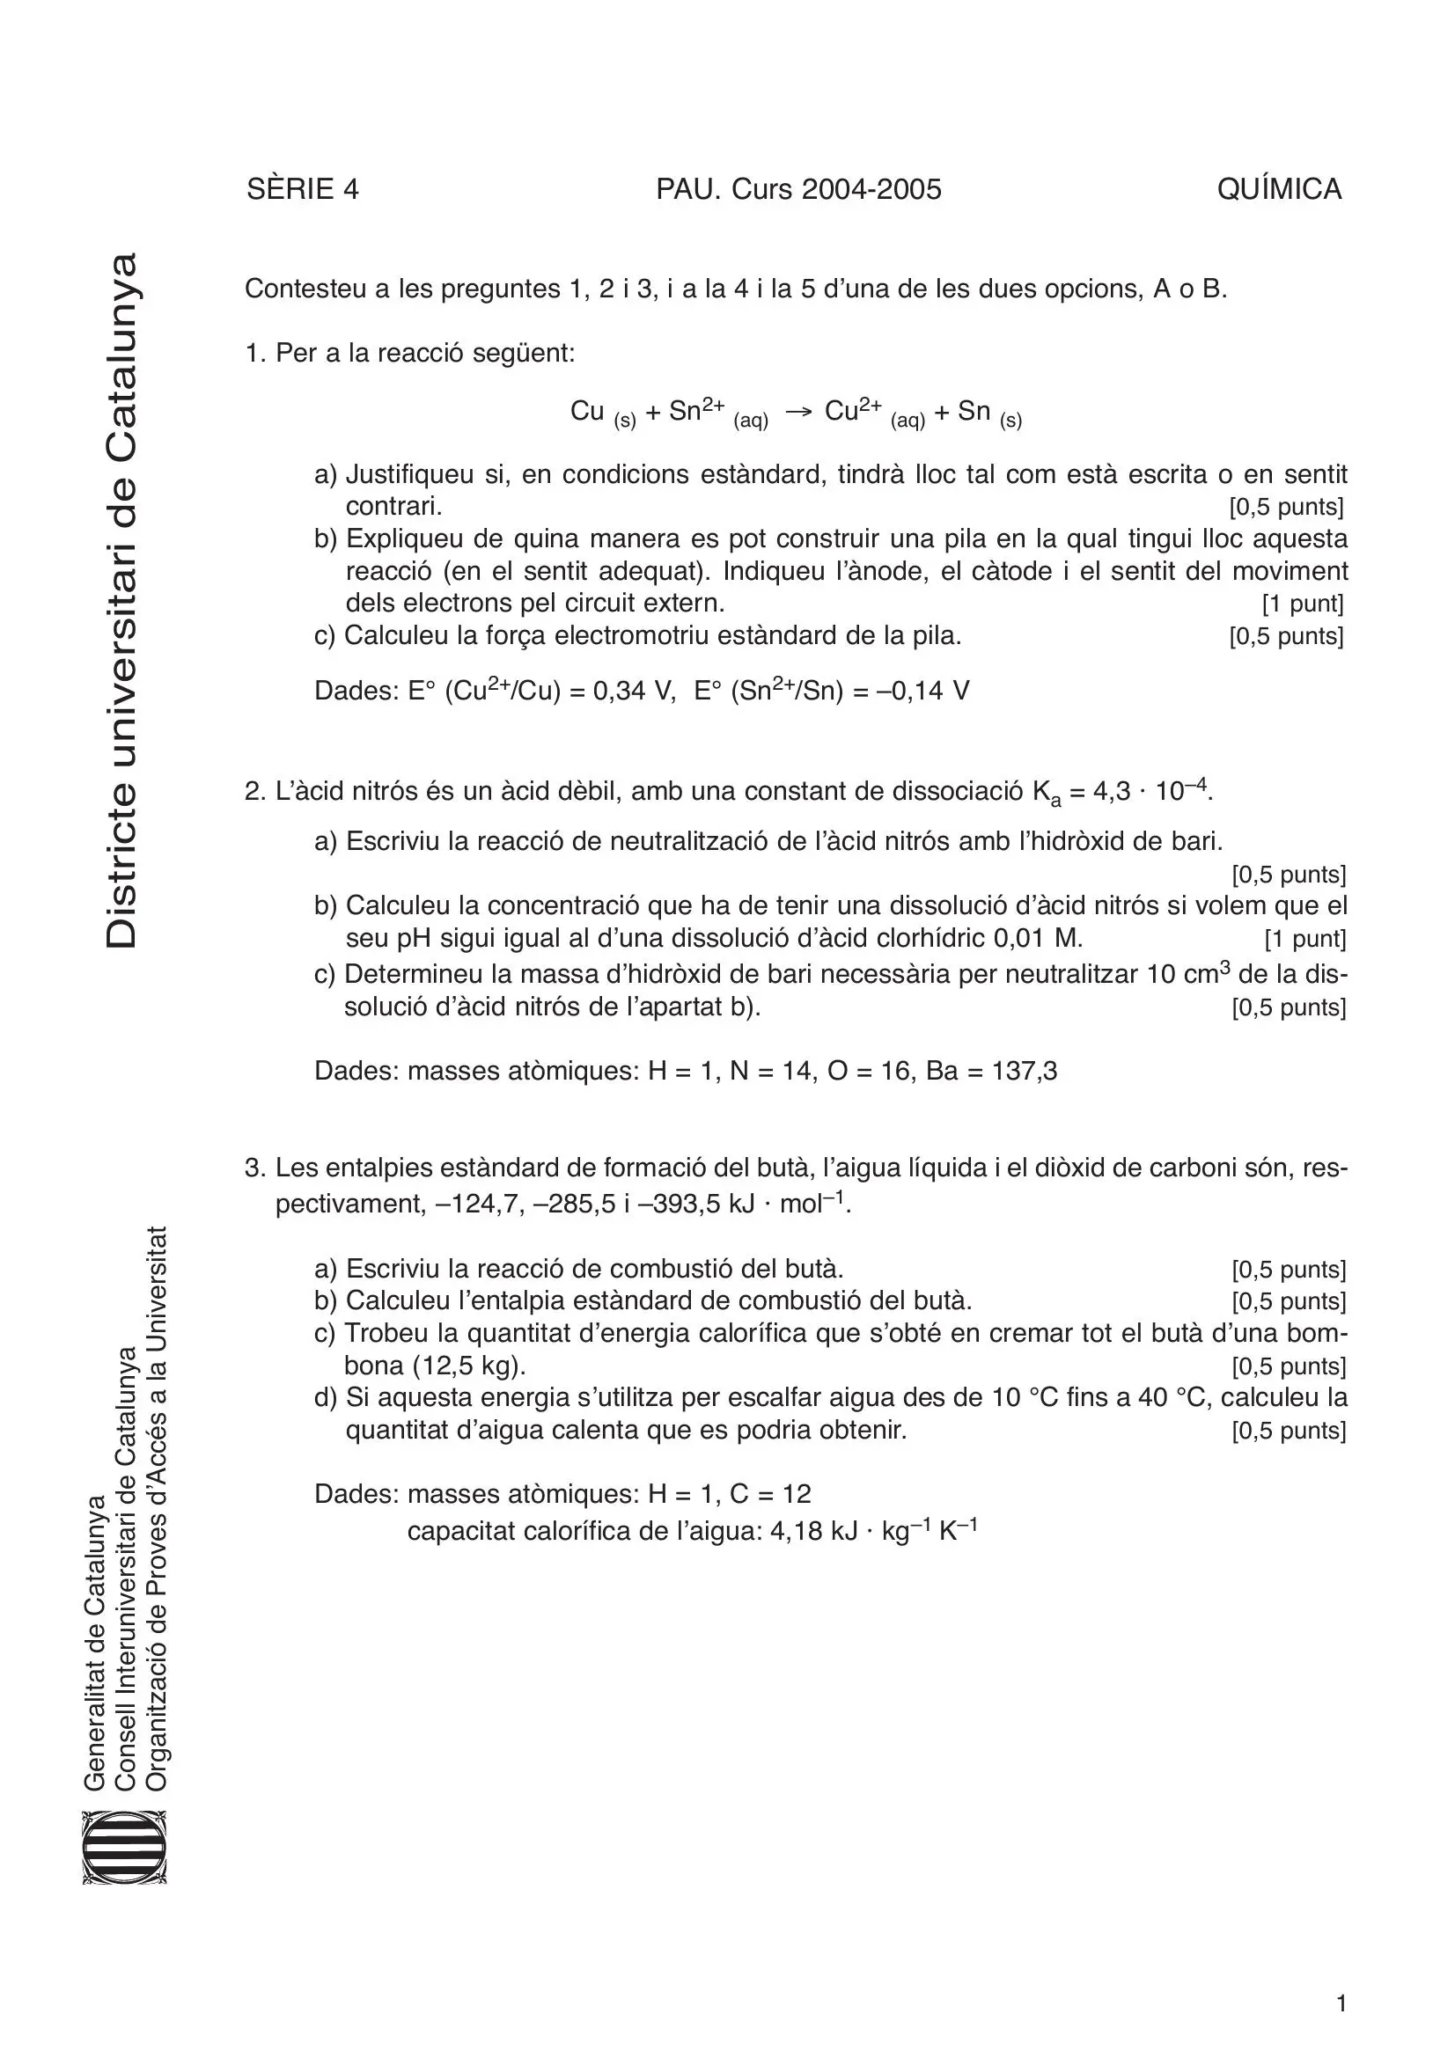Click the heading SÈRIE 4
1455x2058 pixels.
click(x=302, y=189)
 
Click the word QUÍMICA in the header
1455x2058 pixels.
click(x=1278, y=189)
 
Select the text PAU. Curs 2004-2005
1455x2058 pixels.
click(x=797, y=189)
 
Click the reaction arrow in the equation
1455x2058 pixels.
click(x=797, y=413)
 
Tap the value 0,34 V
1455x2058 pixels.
click(x=633, y=692)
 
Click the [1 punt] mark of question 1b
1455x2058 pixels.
click(x=1302, y=604)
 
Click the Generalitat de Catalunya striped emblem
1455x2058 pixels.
click(x=125, y=1848)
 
